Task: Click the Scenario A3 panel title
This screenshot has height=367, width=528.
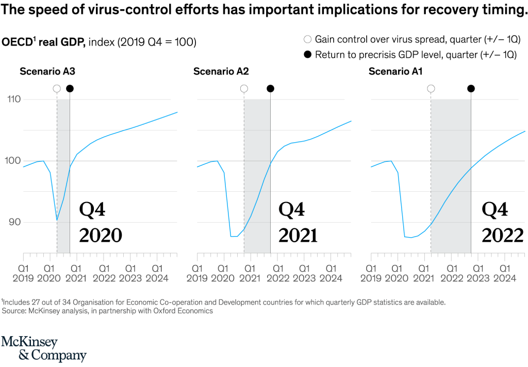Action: coord(47,72)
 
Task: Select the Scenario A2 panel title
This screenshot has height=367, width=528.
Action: coord(221,72)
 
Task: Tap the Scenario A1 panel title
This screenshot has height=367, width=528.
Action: coord(395,72)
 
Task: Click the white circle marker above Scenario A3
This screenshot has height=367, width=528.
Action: coord(57,89)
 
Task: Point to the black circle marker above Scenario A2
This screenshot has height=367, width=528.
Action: coord(270,89)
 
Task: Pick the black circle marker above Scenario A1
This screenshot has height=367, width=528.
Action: coord(471,89)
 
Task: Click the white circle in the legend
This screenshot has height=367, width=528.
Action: coord(308,39)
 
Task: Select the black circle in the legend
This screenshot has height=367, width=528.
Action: coord(308,55)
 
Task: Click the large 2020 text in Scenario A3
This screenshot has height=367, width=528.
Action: coord(101,235)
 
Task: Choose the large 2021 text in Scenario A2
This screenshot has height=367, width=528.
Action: coord(298,235)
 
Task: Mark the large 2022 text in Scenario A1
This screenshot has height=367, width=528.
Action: coord(503,235)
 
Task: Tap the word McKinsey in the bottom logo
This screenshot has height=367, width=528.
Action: coord(29,342)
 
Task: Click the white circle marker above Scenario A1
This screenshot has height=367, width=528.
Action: coord(431,89)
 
